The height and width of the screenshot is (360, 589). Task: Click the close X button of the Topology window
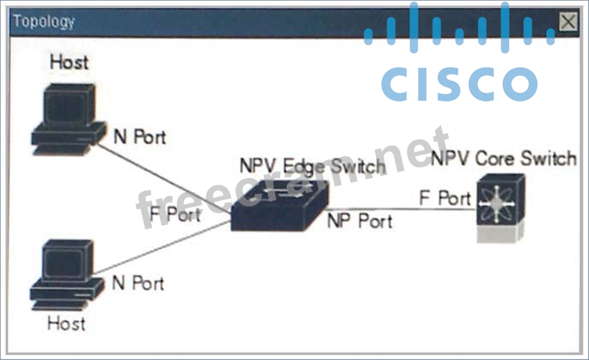567,22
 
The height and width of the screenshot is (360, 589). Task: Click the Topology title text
44,22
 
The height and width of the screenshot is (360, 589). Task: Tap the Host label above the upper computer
68,62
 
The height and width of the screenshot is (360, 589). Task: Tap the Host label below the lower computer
66,323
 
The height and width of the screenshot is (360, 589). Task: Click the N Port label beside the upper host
140,137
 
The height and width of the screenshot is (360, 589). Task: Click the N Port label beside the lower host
138,283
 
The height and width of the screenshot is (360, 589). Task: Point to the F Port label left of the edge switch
175,214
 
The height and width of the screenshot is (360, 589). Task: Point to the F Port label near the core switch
445,198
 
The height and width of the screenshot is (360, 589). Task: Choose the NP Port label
360,221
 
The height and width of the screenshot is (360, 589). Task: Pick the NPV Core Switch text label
503,159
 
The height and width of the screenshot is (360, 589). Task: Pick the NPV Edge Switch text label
312,166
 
